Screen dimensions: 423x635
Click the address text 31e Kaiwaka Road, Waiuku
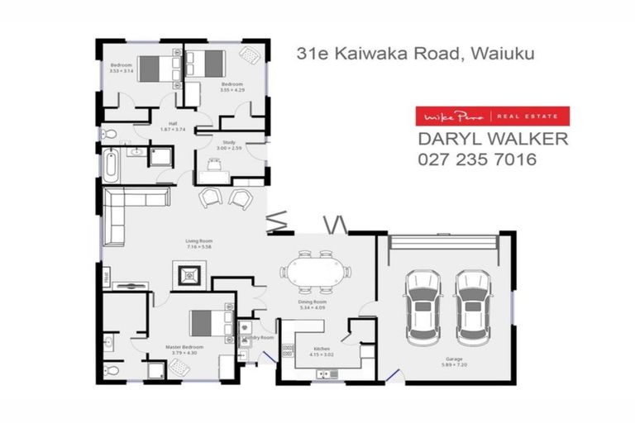pos(416,54)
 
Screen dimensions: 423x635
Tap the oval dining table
pos(315,271)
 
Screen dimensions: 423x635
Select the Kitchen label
pos(320,350)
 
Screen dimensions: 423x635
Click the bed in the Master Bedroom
pos(206,325)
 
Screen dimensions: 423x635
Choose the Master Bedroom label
pos(179,349)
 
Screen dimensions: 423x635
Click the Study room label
pos(229,145)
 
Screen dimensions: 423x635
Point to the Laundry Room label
pos(259,339)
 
